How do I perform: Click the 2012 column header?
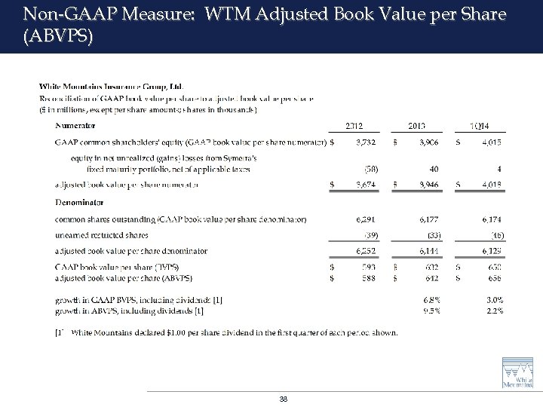[355, 125]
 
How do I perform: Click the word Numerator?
[75, 125]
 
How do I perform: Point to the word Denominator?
[79, 202]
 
